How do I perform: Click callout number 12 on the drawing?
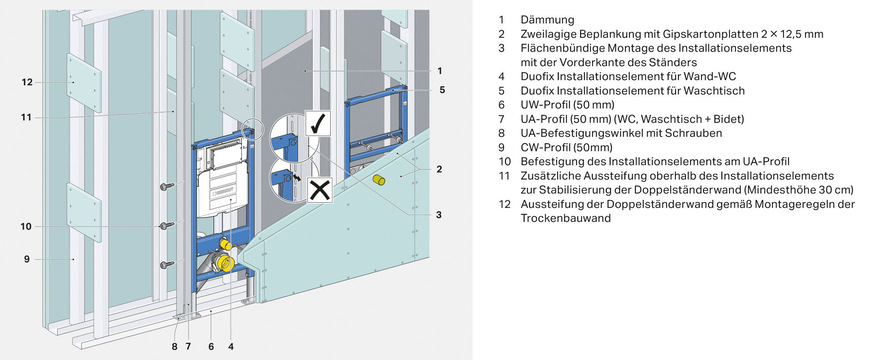(27, 82)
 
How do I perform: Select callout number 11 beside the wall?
(27, 116)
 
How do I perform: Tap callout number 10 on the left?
(27, 226)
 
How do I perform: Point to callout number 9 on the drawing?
(27, 259)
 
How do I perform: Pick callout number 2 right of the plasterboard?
(439, 170)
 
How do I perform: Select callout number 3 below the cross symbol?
(439, 214)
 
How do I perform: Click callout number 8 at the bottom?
(173, 346)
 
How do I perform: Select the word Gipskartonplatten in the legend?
(689, 34)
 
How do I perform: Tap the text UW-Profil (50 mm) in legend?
(565, 104)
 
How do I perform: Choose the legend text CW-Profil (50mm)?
(564, 146)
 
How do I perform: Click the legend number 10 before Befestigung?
(505, 160)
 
